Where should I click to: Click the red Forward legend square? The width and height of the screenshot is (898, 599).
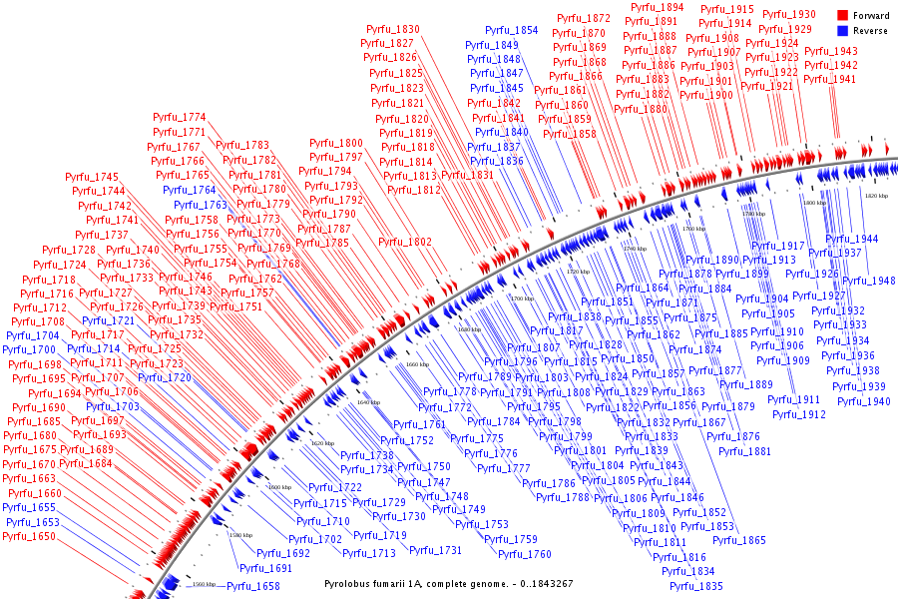point(842,16)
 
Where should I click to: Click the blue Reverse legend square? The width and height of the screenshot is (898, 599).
point(842,31)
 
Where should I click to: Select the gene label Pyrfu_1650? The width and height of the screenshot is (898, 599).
point(30,536)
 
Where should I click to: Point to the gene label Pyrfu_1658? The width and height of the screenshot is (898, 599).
point(252,586)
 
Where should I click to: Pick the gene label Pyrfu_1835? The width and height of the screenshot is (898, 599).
point(695,586)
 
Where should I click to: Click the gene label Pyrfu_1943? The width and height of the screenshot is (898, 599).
point(830,51)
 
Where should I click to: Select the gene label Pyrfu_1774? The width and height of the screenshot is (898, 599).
point(179,117)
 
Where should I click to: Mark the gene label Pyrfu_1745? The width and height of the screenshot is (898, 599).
point(92,177)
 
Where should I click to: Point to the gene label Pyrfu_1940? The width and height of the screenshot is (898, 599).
point(863,401)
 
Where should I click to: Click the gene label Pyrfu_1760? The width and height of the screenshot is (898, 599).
point(524,554)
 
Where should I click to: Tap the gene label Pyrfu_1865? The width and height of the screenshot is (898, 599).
point(738,540)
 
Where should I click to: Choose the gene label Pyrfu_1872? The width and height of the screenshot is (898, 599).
point(584,18)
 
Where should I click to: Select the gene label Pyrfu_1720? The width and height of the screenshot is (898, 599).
point(165,377)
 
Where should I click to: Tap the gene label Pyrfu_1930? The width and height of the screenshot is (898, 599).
point(788,14)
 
